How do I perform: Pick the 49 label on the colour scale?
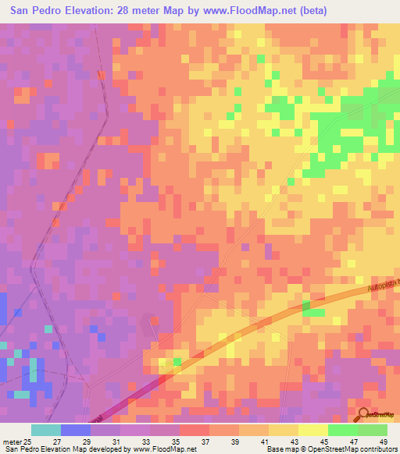[382, 441]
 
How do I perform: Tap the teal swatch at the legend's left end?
[45, 430]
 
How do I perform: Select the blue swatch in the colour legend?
[75, 430]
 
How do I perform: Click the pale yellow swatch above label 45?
[312, 430]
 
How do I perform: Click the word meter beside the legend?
[10, 441]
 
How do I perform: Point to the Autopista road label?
[382, 286]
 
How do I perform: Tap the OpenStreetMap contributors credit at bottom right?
[352, 449]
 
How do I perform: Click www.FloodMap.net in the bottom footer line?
[163, 449]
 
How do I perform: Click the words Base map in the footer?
[281, 449]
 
